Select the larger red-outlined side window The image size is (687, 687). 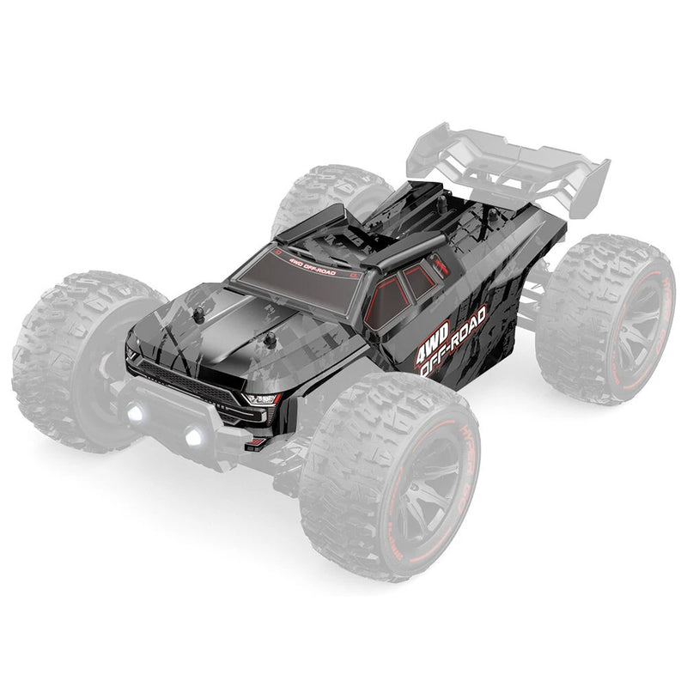tap(387, 301)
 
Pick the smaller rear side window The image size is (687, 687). tap(420, 281)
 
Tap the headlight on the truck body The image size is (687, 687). tap(261, 398)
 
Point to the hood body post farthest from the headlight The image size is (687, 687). tap(199, 315)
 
